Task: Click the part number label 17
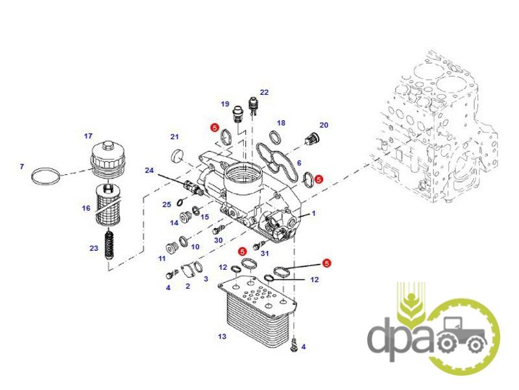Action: (88, 136)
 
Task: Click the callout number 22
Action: (264, 92)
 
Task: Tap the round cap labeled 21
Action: (176, 156)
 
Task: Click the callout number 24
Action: (149, 170)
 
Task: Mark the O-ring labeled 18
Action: (275, 137)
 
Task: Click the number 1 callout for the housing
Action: (313, 213)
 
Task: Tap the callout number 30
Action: (218, 240)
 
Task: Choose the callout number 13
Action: (223, 336)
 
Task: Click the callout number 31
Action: (264, 253)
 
